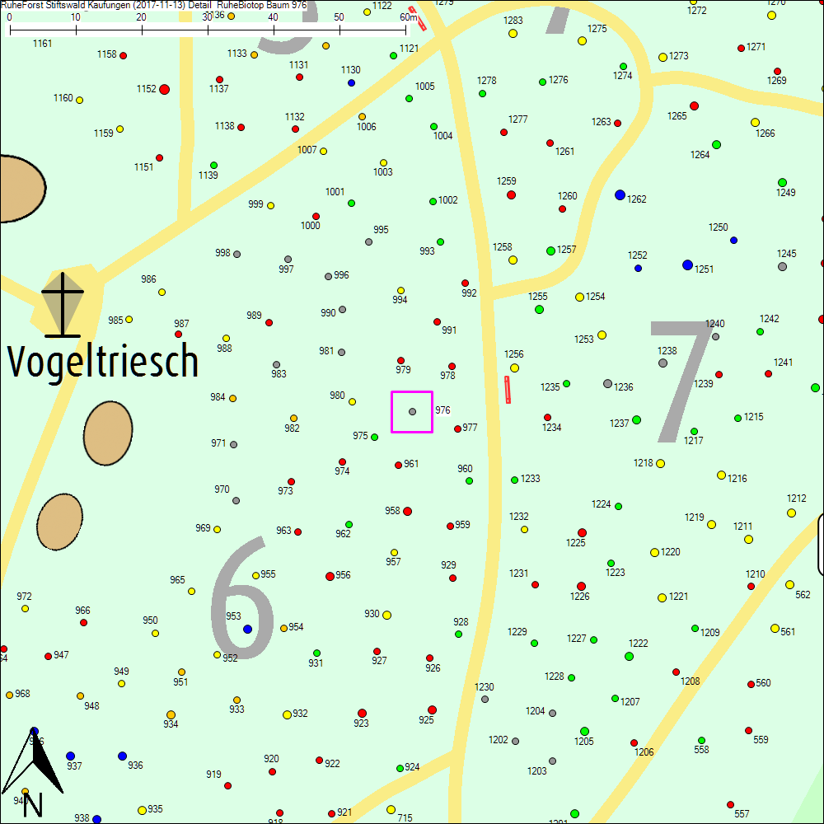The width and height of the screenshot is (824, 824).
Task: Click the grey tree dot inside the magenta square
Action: (412, 411)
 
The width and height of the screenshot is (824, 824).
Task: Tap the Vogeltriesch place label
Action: (103, 361)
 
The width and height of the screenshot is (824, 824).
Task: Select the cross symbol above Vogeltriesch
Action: (63, 304)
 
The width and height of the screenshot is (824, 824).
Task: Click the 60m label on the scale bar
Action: (409, 17)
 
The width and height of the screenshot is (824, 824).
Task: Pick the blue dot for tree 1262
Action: (620, 194)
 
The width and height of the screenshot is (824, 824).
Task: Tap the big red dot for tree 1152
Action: (165, 89)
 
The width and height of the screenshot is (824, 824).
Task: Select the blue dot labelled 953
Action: (247, 629)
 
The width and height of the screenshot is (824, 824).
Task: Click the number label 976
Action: (442, 410)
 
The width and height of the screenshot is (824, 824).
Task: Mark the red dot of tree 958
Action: (407, 511)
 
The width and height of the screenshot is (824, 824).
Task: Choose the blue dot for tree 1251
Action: (687, 265)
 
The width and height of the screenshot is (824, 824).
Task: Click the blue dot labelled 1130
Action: (351, 82)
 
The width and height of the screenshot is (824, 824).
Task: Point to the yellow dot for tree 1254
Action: (579, 297)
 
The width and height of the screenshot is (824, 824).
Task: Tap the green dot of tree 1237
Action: (636, 420)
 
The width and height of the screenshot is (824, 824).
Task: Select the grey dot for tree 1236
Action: (607, 383)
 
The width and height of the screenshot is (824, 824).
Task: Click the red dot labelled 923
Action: (362, 713)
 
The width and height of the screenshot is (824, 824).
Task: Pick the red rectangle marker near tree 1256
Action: (508, 390)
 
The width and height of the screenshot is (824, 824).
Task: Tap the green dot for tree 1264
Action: (716, 144)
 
